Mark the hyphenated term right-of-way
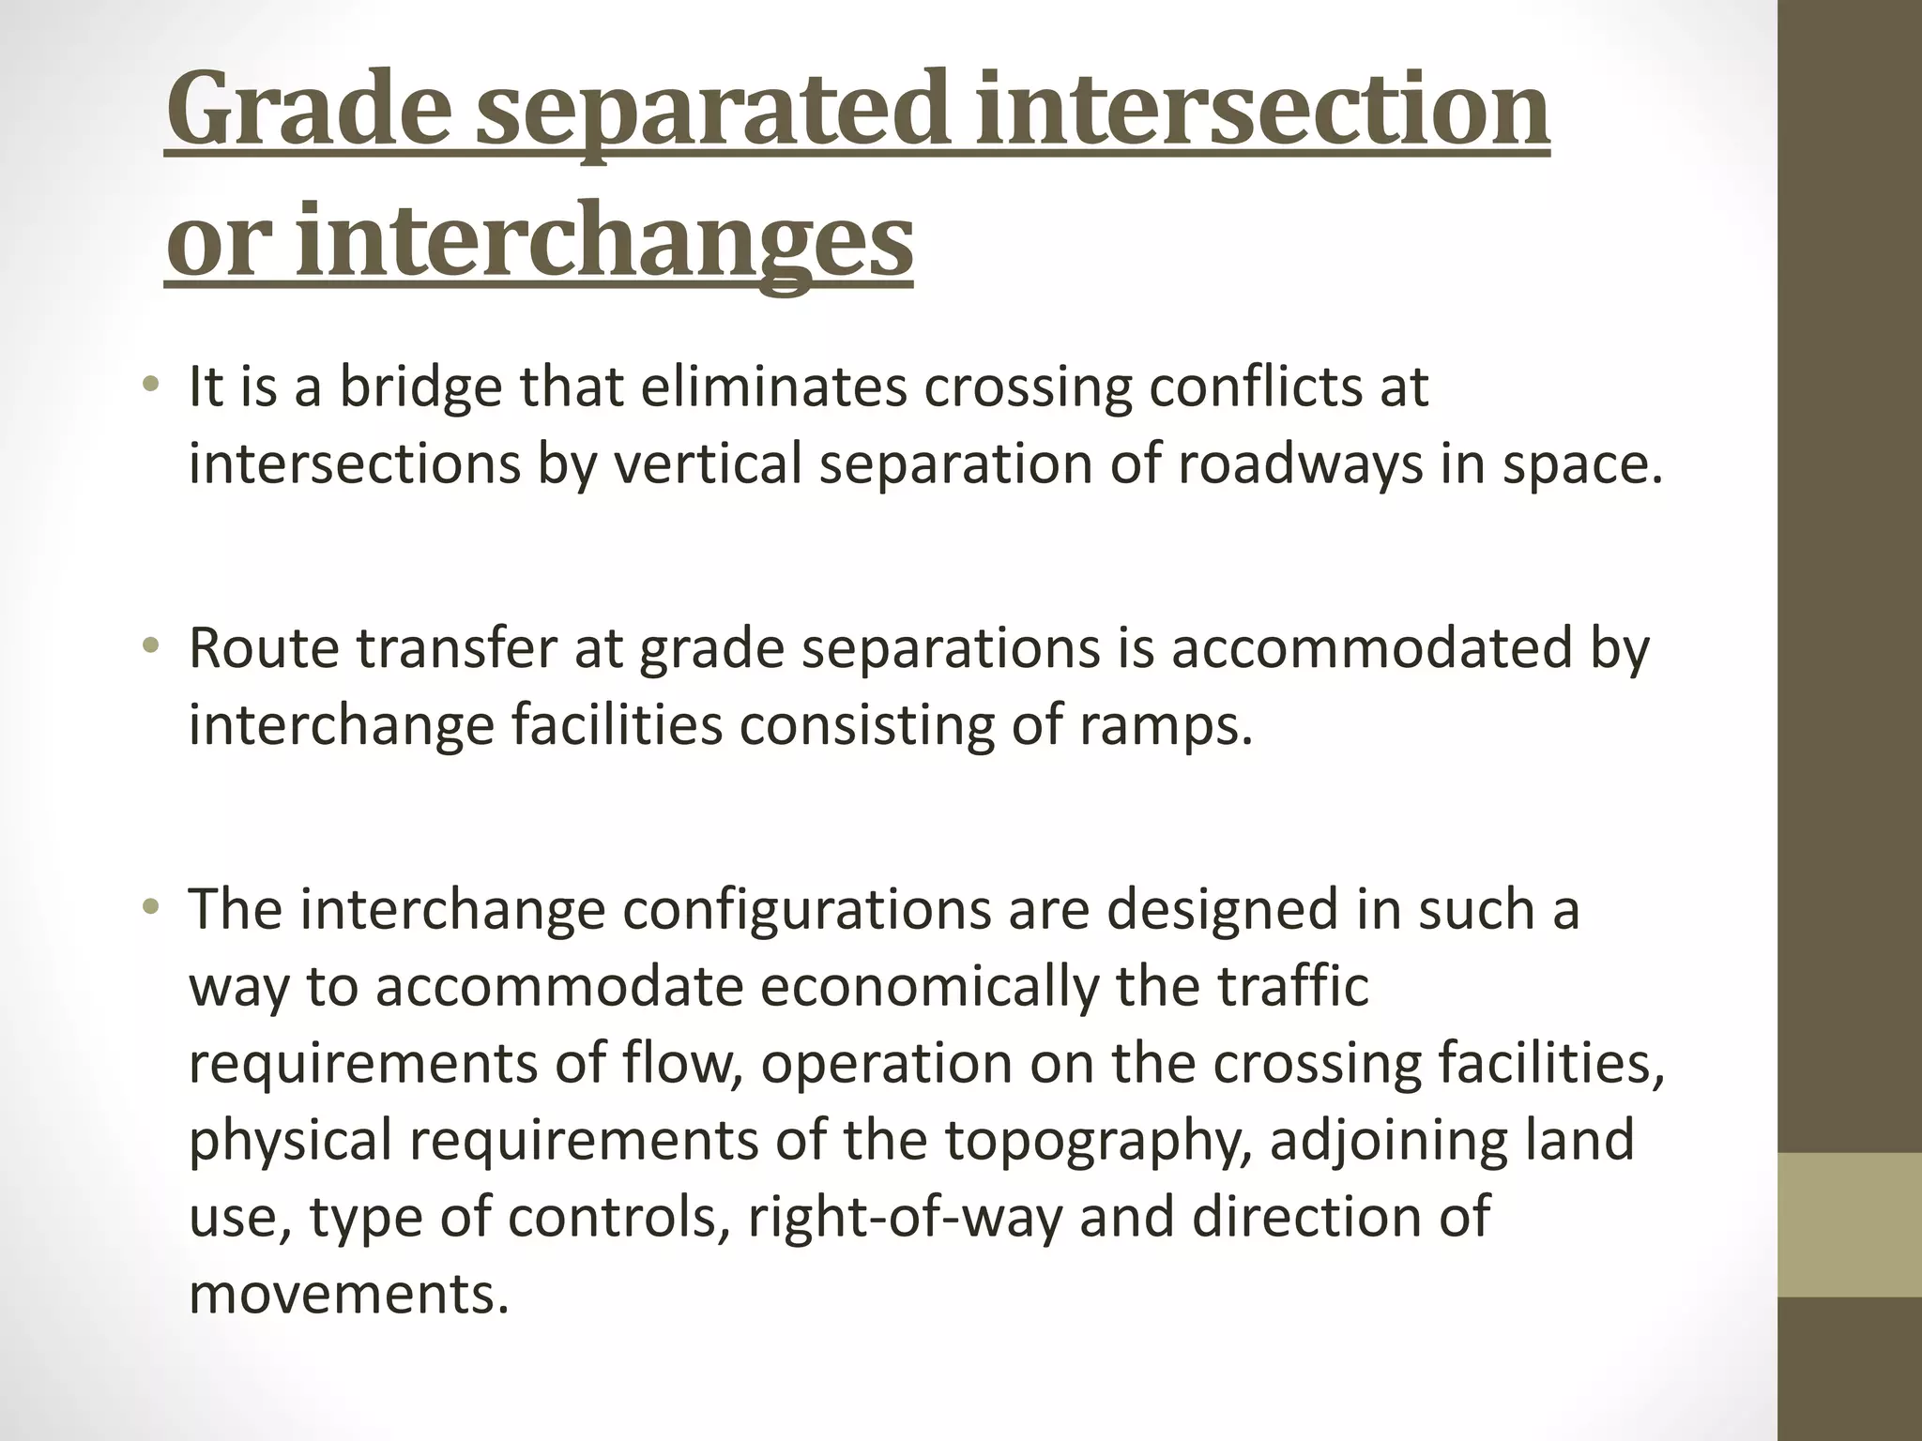[905, 1217]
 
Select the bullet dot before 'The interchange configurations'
[150, 907]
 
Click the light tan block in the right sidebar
[1850, 1224]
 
